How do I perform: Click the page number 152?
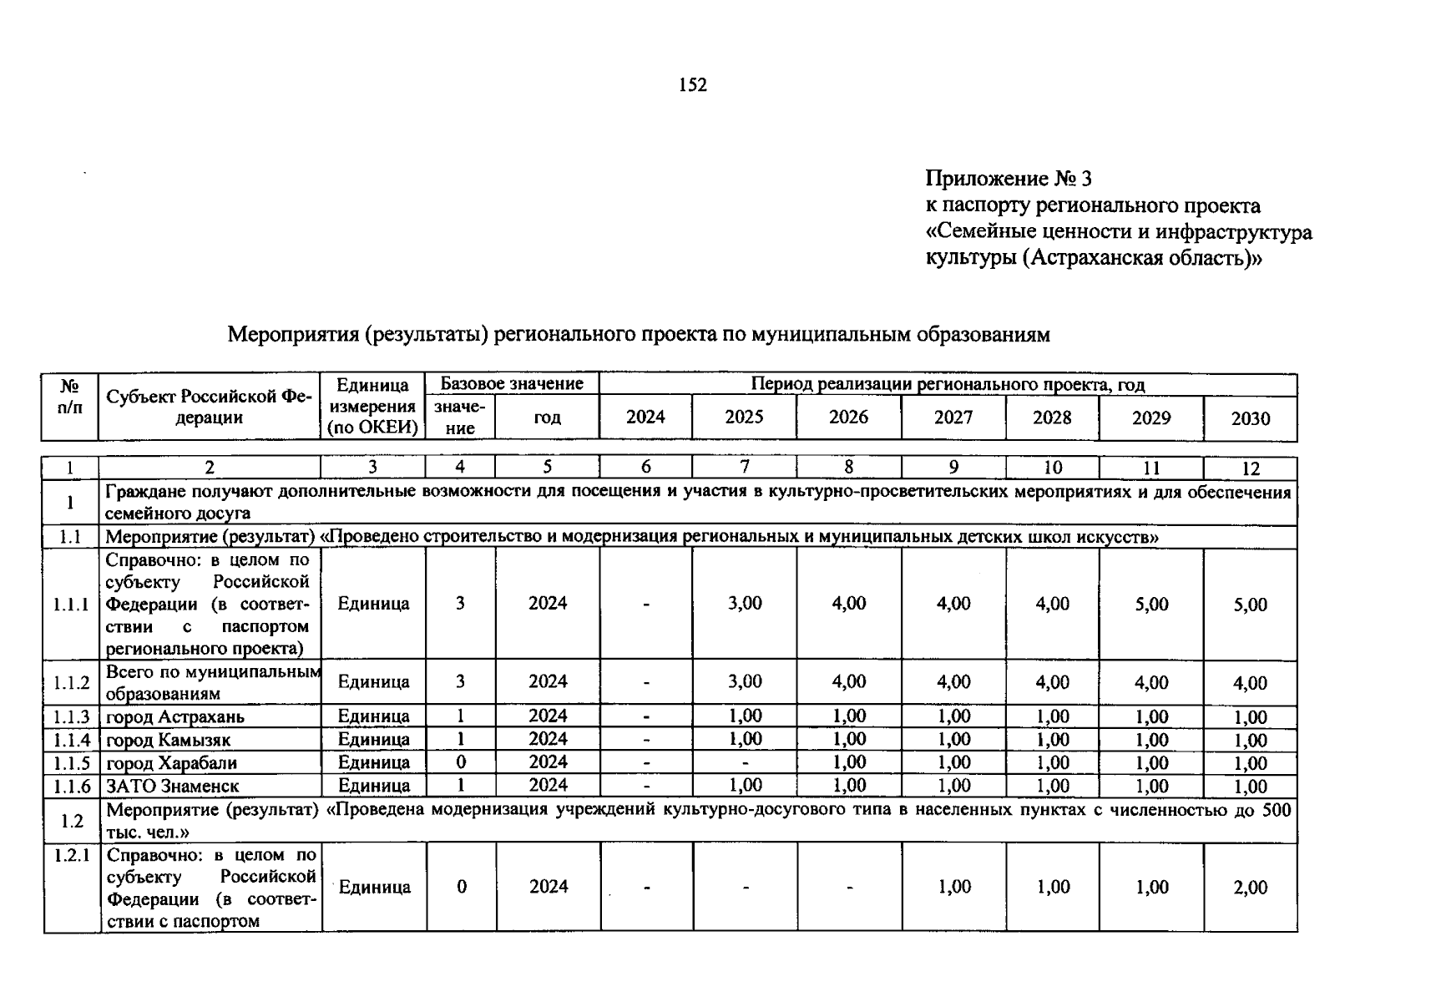(x=693, y=85)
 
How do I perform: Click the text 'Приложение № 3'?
(x=1008, y=179)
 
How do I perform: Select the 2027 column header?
(x=953, y=417)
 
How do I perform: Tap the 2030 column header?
(x=1250, y=418)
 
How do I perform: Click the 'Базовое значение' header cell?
(x=512, y=384)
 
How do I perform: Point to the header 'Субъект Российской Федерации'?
(x=209, y=407)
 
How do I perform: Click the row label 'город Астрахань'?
(x=175, y=716)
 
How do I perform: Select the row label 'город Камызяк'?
(x=169, y=740)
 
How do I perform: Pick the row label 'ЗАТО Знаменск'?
(x=172, y=786)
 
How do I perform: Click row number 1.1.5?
(x=71, y=763)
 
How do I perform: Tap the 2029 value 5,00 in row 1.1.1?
(x=1151, y=605)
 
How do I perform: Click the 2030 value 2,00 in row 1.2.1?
(x=1250, y=888)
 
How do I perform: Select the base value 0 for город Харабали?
(x=460, y=762)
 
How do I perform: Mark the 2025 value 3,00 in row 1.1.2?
(x=744, y=681)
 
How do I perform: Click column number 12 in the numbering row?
(x=1250, y=468)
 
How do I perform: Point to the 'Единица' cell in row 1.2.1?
(x=374, y=888)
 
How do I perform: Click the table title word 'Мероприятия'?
(x=291, y=335)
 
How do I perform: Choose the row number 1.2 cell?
(x=71, y=821)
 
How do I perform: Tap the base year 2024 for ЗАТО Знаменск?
(x=548, y=785)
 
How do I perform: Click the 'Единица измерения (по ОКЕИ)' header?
(x=372, y=407)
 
